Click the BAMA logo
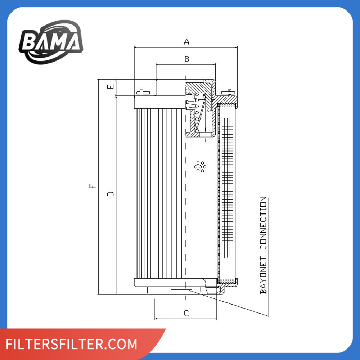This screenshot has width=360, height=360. pos(51,42)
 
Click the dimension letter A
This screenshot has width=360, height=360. pos(186,41)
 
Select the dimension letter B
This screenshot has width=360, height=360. pos(187,59)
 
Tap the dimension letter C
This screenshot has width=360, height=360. pos(186,313)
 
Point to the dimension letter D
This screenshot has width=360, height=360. pos(111,194)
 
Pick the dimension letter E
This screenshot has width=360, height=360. pos(111,86)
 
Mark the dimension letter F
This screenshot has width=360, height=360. pos(93,186)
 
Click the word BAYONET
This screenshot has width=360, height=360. pos(264,275)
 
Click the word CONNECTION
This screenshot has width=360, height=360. pos(264,223)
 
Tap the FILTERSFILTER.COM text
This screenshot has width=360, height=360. pos(71,344)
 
